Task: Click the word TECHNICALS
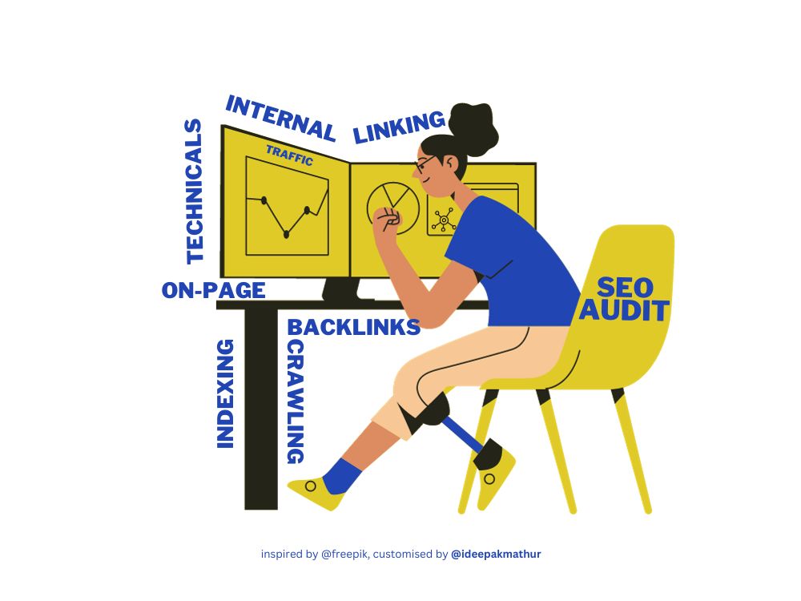coord(194,192)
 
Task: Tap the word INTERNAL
coord(280,119)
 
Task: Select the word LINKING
coord(399,127)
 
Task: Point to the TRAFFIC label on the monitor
coord(289,155)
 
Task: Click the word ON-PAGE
coord(214,290)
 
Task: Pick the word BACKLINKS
coord(353,327)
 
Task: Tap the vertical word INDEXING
coord(225,394)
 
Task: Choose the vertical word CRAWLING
coord(296,402)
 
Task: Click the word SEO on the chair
coord(626,288)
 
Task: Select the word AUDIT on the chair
coord(624,311)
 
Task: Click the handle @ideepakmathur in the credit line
coord(496,554)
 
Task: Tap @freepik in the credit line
coord(344,554)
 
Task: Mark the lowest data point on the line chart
coord(286,235)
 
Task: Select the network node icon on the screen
coord(444,220)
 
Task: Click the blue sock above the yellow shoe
coord(339,476)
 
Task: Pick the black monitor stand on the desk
coord(341,290)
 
